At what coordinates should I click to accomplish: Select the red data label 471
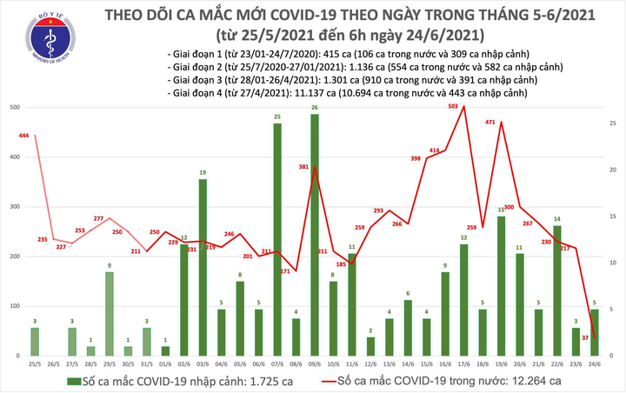pos(490,123)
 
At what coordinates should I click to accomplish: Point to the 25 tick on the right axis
pos(614,124)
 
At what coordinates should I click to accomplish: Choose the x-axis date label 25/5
pos(34,364)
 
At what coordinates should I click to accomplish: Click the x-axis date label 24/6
pos(596,364)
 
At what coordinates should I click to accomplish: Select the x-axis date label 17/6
pos(464,364)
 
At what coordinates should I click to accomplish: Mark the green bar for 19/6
pos(502,286)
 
